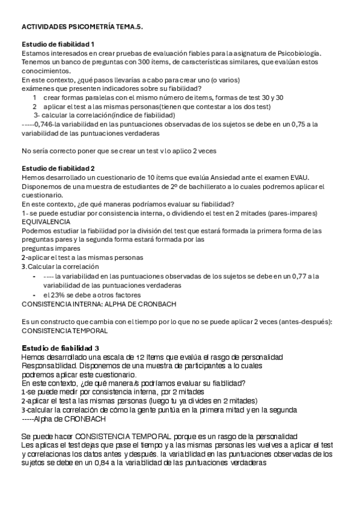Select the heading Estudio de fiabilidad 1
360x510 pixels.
point(58,45)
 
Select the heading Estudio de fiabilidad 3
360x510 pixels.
point(61,348)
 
